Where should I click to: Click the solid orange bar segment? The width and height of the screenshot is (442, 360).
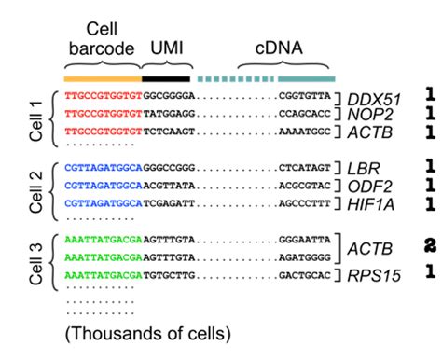click(x=102, y=78)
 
